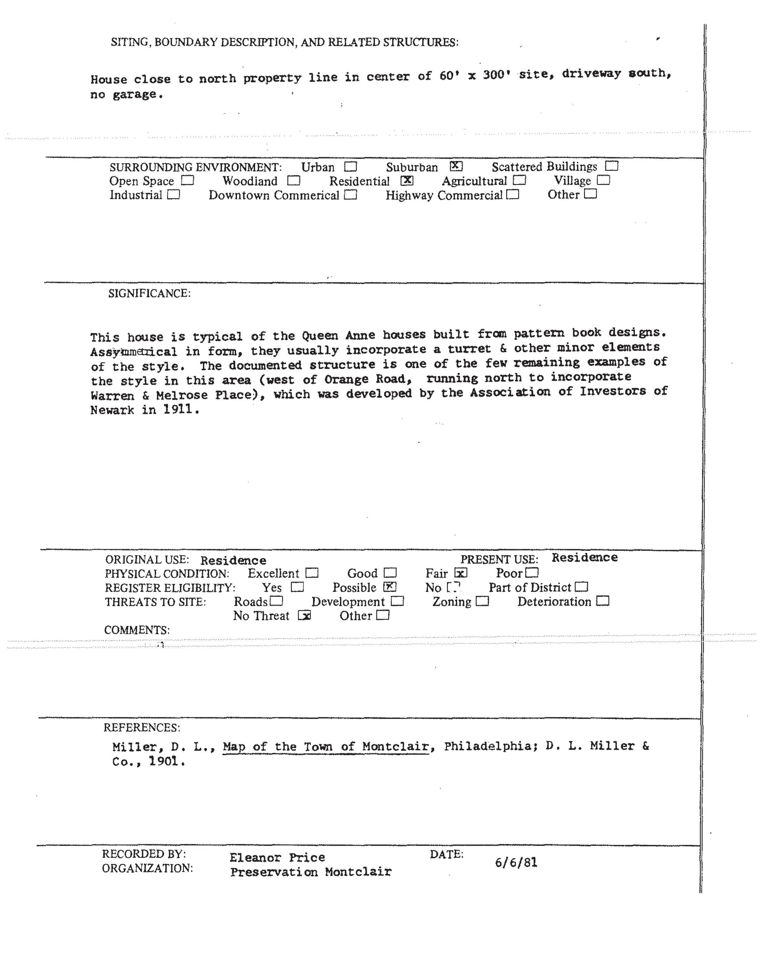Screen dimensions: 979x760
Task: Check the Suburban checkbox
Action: click(456, 166)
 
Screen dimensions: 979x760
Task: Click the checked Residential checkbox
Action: click(407, 181)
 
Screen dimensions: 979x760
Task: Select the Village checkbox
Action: click(603, 180)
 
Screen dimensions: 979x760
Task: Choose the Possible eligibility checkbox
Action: click(390, 587)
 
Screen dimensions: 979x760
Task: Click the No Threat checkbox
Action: click(304, 616)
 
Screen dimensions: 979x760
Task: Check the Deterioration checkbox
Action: click(603, 601)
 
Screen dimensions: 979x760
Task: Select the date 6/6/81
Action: click(516, 862)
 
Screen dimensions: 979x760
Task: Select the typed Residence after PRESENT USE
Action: click(584, 557)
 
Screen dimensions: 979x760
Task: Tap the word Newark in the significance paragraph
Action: click(112, 410)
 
